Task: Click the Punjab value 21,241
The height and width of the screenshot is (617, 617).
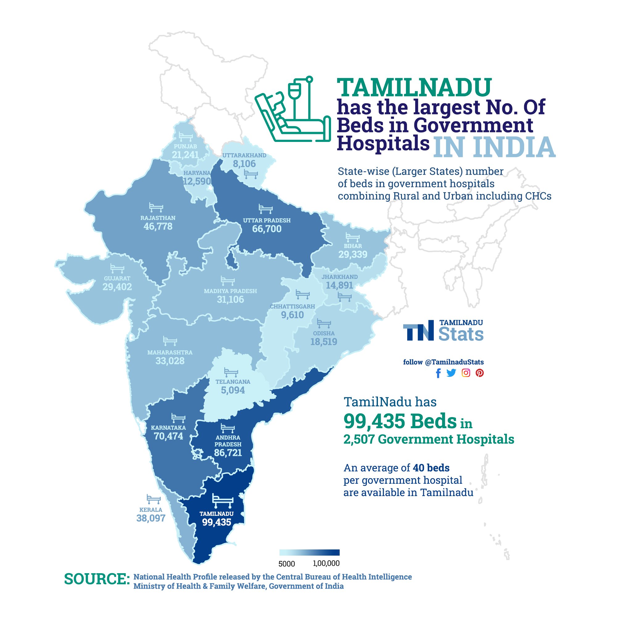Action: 185,155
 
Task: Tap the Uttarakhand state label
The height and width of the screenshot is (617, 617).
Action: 244,155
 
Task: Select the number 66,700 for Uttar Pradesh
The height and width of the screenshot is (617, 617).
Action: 267,229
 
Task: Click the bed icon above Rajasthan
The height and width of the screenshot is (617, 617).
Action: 156,208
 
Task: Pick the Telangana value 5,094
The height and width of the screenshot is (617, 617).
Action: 233,390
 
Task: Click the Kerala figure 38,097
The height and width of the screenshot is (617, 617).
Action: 151,518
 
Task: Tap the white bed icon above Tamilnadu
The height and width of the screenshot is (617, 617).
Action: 223,501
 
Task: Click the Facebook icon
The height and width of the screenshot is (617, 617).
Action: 438,373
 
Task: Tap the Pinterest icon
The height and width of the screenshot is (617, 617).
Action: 479,373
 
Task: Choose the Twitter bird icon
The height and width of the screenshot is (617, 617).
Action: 451,373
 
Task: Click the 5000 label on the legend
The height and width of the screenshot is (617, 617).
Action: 287,564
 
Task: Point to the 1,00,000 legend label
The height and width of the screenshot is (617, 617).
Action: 326,563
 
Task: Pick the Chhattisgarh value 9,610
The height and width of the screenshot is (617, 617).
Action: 292,315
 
